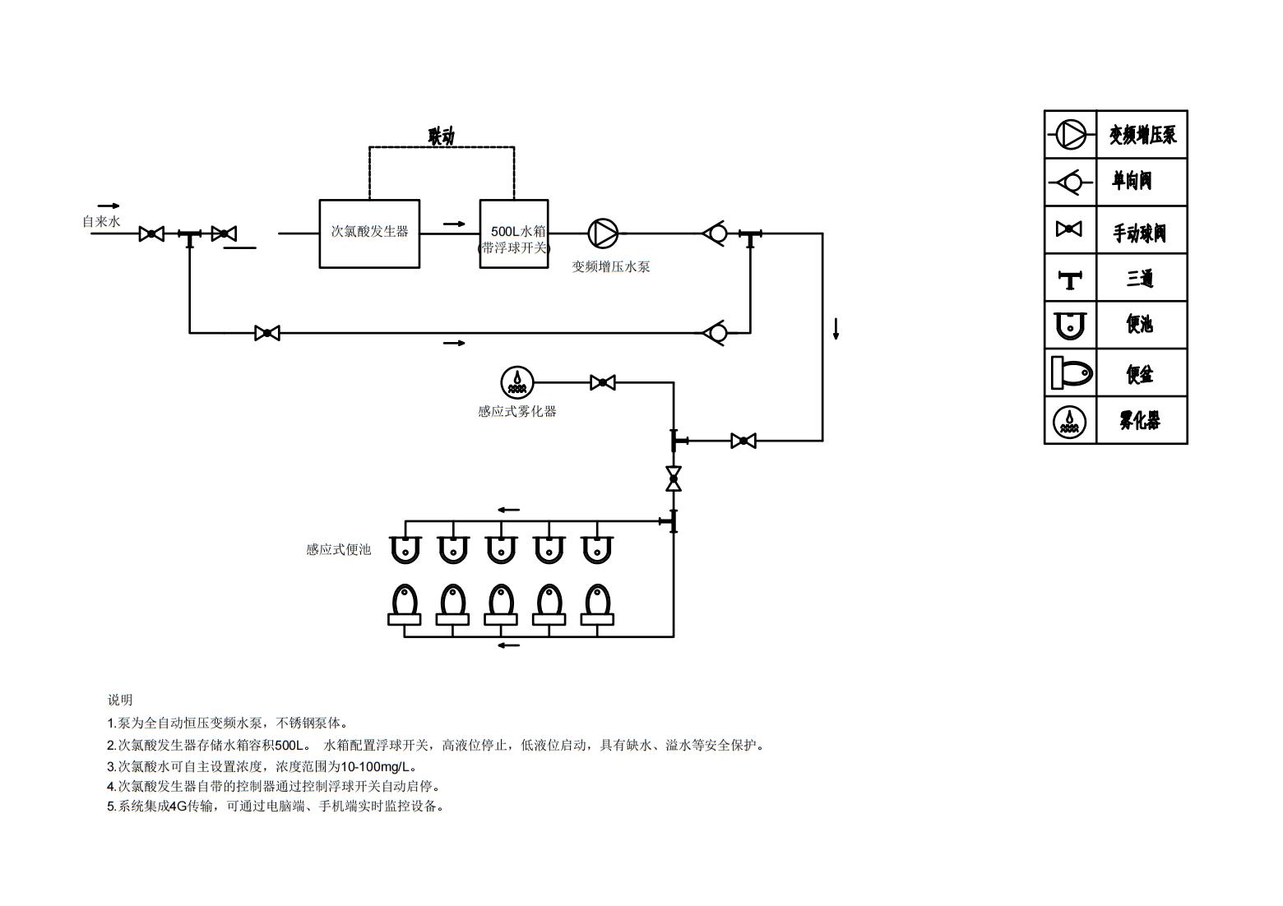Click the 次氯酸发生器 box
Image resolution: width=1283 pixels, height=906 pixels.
(x=369, y=233)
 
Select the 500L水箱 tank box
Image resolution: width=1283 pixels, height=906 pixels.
(x=514, y=233)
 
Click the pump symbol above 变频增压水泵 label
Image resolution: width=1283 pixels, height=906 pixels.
(x=603, y=233)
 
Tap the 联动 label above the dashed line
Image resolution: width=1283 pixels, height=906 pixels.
(x=441, y=136)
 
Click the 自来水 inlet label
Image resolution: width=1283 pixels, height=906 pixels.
(x=101, y=222)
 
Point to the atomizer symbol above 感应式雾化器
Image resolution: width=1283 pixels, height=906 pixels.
(x=517, y=382)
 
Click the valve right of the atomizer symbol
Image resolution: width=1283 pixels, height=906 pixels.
(x=603, y=382)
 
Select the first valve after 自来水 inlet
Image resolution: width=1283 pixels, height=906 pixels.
(x=151, y=233)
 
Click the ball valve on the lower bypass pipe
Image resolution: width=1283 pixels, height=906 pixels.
(x=267, y=333)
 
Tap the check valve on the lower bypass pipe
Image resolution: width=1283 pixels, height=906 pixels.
(x=716, y=333)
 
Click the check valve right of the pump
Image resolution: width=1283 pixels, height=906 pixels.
(x=716, y=233)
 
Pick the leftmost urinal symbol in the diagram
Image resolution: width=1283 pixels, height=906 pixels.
(x=405, y=549)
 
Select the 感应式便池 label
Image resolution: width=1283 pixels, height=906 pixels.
(x=338, y=549)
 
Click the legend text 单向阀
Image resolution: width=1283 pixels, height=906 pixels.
(x=1132, y=181)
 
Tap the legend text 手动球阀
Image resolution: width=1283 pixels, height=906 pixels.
(x=1139, y=233)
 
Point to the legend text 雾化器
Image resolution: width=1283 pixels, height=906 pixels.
(x=1139, y=421)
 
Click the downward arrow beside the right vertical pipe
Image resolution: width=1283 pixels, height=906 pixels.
(x=836, y=328)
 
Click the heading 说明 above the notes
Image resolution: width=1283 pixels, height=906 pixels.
(x=120, y=700)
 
